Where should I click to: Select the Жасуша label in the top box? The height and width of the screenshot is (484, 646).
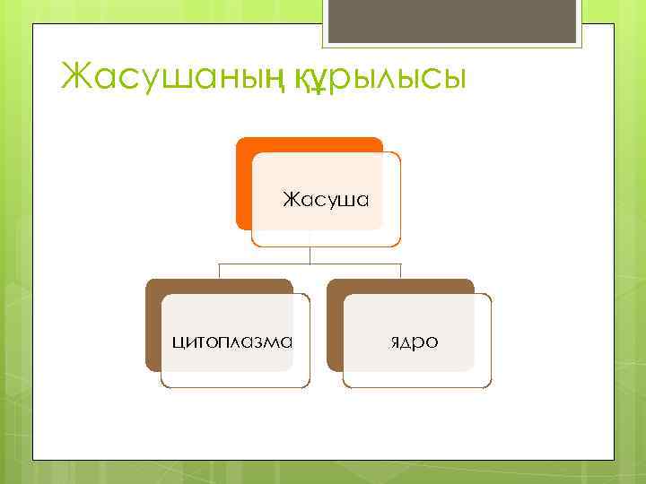pos(326,198)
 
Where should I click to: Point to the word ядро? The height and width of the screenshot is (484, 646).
pos(415,342)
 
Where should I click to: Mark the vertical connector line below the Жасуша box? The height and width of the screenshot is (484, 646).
pos(310,255)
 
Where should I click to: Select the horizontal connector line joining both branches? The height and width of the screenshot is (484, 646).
pos(310,264)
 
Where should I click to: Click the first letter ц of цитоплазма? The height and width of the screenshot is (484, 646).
pos(178,342)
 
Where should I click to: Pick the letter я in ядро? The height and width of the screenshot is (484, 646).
pos(396,342)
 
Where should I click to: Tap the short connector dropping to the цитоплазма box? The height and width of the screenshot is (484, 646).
pos(221,272)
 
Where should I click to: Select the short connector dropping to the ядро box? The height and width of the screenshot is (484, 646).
pos(401,272)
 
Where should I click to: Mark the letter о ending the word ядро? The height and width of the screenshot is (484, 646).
pos(432,342)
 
